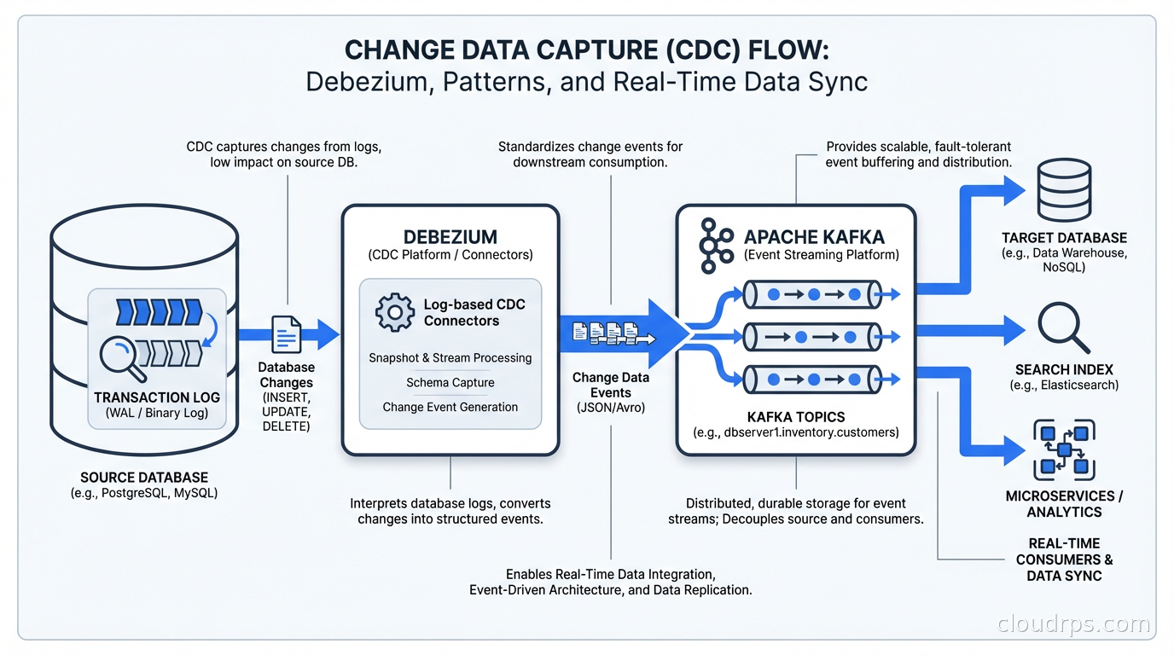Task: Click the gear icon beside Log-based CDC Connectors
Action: tap(394, 312)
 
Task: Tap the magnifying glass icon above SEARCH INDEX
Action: tap(1063, 329)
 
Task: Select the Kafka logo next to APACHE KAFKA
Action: tap(715, 246)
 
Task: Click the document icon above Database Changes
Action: tap(287, 334)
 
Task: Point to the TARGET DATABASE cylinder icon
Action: tap(1063, 194)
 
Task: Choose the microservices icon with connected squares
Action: tap(1063, 449)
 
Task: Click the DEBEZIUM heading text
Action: tap(450, 237)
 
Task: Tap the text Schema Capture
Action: tap(450, 382)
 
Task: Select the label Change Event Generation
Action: tap(450, 407)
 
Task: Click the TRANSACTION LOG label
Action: tap(157, 397)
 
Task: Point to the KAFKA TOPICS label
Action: tap(795, 417)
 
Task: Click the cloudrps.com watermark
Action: tap(1073, 624)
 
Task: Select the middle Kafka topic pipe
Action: tap(811, 338)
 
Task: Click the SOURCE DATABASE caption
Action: tap(144, 478)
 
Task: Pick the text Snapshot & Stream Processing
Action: tap(450, 357)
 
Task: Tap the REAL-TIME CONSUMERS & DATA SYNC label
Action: tap(1063, 559)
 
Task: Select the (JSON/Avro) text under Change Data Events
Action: tap(610, 409)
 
